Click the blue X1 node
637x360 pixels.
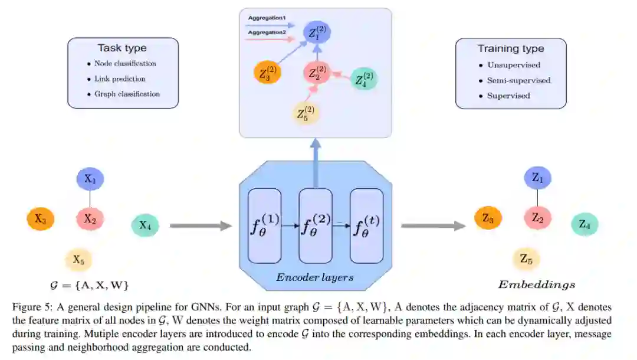point(90,179)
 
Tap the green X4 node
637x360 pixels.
point(144,225)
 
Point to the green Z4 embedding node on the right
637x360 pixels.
point(585,224)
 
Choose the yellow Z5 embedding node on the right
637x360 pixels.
point(526,258)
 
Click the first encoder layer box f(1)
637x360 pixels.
point(265,226)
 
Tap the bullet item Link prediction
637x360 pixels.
point(120,78)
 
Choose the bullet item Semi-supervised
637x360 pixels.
point(518,80)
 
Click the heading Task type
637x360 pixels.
point(122,48)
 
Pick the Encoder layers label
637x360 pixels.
point(315,277)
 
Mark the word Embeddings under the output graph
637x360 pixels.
point(536,285)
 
